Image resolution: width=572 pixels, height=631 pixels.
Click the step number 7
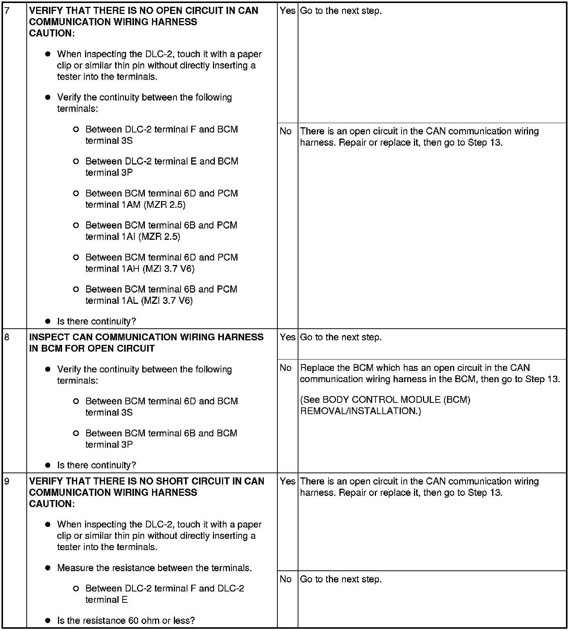click(7, 11)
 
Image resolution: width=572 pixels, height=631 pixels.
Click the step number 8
click(7, 337)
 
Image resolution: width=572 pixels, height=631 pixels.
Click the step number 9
click(7, 482)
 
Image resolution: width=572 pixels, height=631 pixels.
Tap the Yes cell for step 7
click(288, 11)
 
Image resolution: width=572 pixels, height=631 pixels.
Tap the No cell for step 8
click(286, 368)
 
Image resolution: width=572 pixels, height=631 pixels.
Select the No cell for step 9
click(286, 579)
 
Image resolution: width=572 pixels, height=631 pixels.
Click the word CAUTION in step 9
click(52, 504)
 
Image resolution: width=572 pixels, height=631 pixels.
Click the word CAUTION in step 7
click(52, 33)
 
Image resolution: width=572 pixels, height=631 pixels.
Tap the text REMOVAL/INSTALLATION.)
click(361, 411)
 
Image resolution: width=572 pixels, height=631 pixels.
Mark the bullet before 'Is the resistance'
click(48, 620)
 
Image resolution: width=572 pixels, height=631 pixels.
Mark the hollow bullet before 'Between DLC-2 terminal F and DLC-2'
click(76, 588)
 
